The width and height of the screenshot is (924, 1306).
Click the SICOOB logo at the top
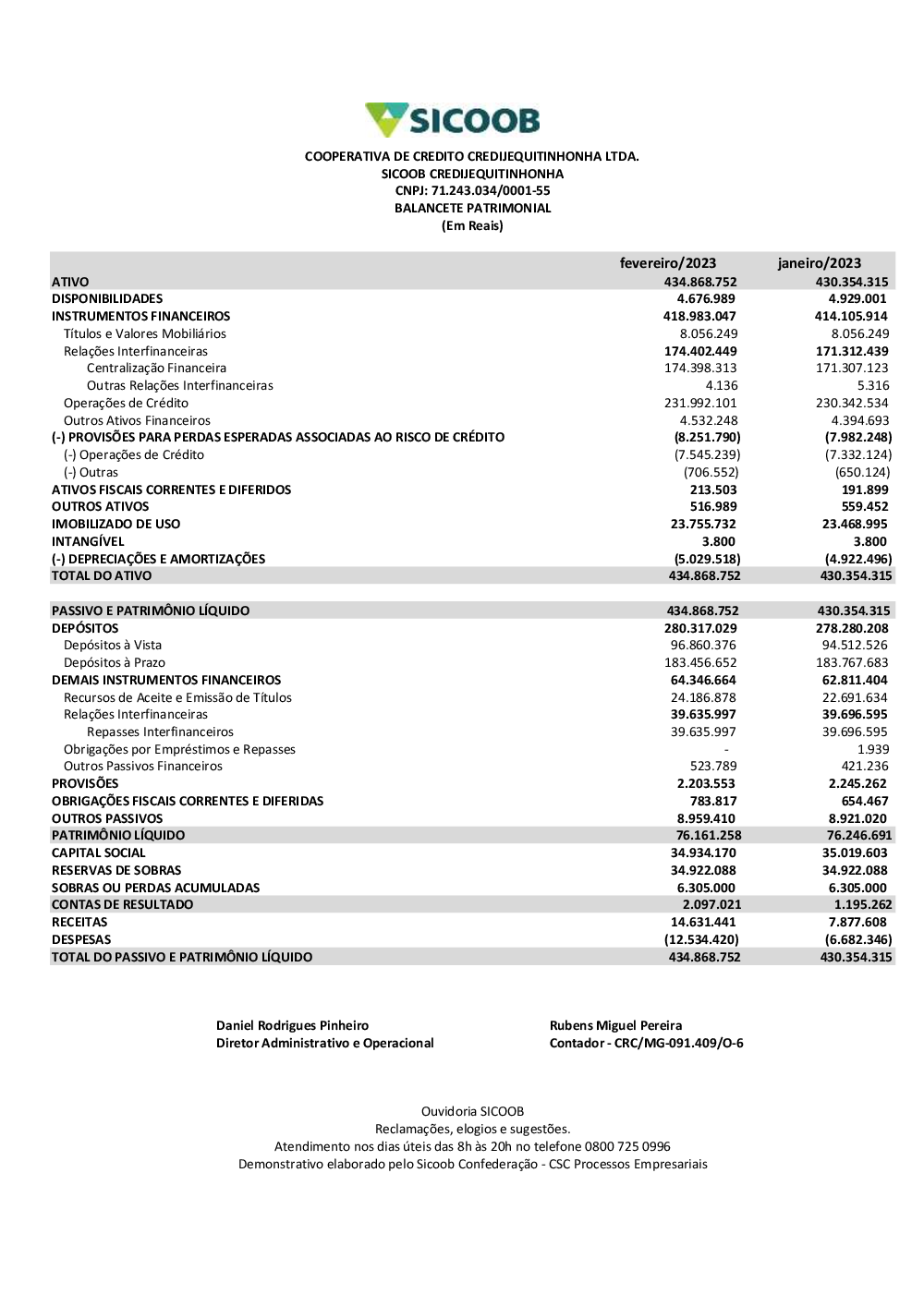[453, 120]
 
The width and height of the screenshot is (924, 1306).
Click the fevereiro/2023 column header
[667, 263]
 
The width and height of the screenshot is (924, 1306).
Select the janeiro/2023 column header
[819, 263]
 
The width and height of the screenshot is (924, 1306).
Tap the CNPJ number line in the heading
[472, 191]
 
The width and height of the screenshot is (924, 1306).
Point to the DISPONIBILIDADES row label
[107, 299]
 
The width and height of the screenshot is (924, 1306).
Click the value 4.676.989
[706, 299]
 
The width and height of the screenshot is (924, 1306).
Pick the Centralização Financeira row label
[156, 369]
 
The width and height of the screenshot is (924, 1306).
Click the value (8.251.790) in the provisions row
[707, 438]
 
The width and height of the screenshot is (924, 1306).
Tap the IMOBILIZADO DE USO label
[116, 525]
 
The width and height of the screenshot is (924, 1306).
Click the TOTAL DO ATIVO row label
[102, 576]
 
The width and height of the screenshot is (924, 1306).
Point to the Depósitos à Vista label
[113, 646]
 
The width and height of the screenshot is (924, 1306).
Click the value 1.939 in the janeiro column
[873, 750]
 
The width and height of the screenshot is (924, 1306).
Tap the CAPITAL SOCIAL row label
[99, 853]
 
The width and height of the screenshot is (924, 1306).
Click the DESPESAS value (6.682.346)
[858, 940]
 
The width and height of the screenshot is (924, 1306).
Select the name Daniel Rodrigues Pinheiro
[292, 1026]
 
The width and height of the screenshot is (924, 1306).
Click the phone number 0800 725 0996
[627, 1147]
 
